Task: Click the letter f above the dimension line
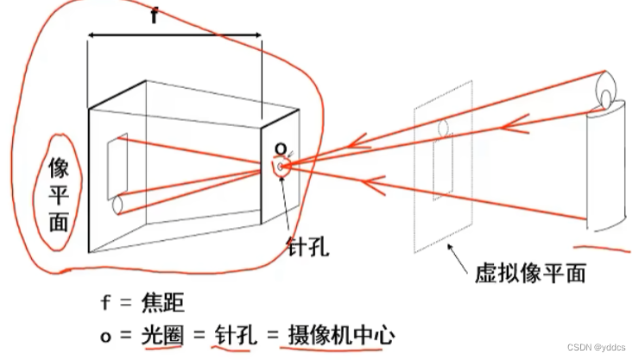[155, 16]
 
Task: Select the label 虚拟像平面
[530, 274]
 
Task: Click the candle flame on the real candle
[606, 86]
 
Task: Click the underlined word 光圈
[163, 332]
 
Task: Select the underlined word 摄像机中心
[338, 332]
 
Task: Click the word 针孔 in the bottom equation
[232, 332]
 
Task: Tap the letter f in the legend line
[105, 303]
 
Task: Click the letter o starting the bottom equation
[105, 333]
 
